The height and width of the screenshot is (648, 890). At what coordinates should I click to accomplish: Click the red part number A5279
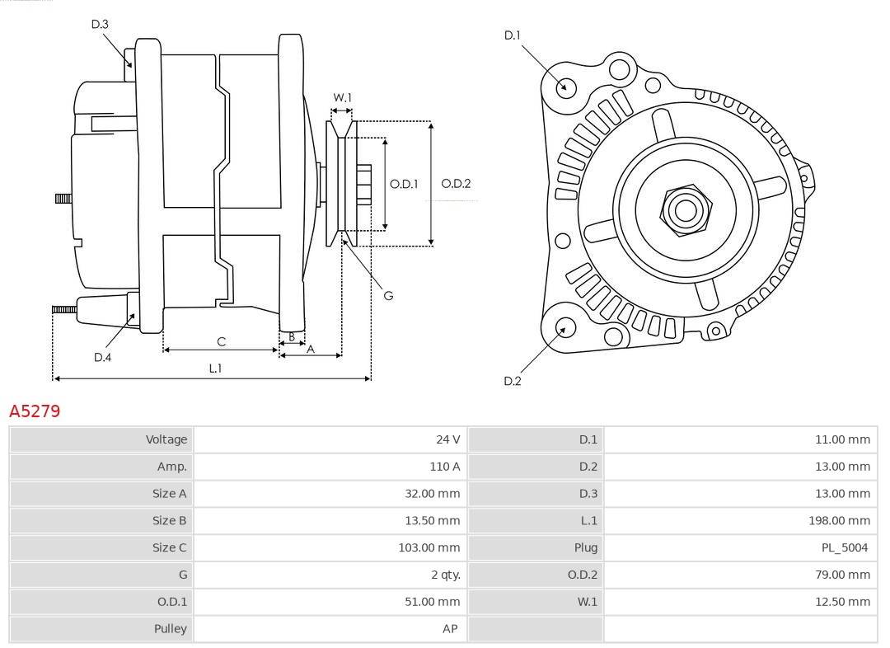(x=35, y=411)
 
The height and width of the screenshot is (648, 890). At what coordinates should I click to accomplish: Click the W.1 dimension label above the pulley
(x=342, y=97)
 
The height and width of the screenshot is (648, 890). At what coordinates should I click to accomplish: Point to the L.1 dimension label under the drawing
(x=214, y=369)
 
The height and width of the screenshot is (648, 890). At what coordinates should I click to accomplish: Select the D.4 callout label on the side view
(x=102, y=357)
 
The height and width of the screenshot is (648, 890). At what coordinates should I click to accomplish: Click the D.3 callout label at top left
(x=100, y=25)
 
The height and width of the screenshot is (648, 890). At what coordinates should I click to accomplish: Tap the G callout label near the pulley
(x=388, y=295)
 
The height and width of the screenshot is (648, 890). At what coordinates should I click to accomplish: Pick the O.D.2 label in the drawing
(x=456, y=184)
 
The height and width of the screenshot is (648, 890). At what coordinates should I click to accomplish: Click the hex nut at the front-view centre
(x=684, y=210)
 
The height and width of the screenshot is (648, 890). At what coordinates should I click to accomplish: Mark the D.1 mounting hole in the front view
(x=566, y=87)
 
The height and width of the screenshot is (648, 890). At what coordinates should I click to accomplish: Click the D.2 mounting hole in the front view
(x=564, y=328)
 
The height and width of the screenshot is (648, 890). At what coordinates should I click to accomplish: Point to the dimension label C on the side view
(x=221, y=341)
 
